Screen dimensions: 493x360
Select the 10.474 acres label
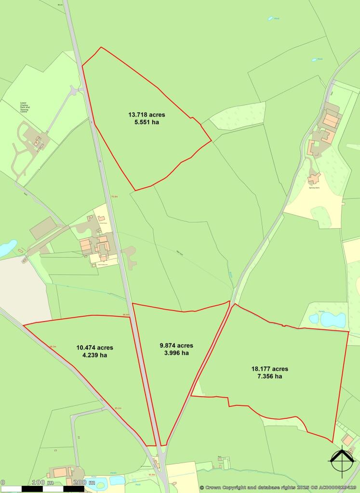pyautogui.click(x=94, y=348)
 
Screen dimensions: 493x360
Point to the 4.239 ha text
pyautogui.click(x=94, y=356)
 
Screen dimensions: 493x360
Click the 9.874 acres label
pyautogui.click(x=176, y=345)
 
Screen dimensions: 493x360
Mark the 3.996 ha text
pyautogui.click(x=176, y=353)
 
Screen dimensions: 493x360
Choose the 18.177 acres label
pyautogui.click(x=270, y=369)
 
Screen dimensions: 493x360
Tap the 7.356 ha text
pyautogui.click(x=270, y=376)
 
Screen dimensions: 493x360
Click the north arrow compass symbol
pyautogui.click(x=342, y=462)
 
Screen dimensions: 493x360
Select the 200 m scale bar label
pyautogui.click(x=85, y=482)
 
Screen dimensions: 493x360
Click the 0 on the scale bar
pyautogui.click(x=2, y=482)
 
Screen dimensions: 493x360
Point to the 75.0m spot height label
pyautogui.click(x=114, y=196)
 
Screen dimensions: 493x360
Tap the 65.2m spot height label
pyautogui.click(x=118, y=408)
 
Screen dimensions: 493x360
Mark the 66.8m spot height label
pyautogui.click(x=126, y=315)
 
